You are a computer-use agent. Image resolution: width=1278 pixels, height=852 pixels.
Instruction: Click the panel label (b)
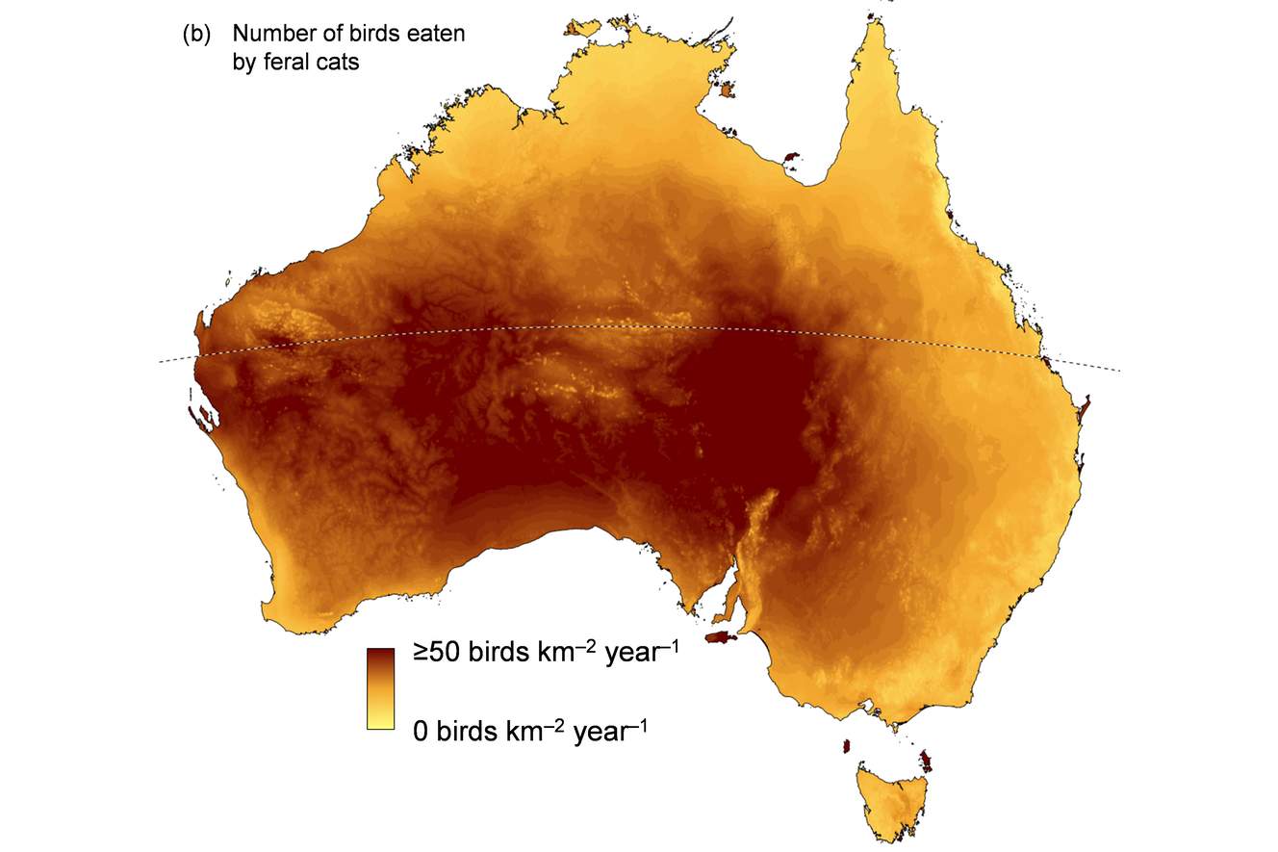pyautogui.click(x=195, y=35)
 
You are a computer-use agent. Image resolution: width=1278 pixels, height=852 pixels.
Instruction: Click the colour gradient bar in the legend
pyautogui.click(x=380, y=688)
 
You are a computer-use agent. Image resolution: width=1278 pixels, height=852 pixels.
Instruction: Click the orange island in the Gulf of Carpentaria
pyautogui.click(x=726, y=90)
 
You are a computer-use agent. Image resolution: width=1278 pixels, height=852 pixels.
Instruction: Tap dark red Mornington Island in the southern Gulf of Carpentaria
pyautogui.click(x=793, y=155)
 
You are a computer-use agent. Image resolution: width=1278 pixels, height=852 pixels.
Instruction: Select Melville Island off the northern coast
pyautogui.click(x=582, y=27)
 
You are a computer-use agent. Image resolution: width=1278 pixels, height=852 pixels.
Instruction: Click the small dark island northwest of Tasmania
pyautogui.click(x=847, y=745)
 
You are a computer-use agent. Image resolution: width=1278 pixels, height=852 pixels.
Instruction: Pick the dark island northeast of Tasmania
pyautogui.click(x=927, y=762)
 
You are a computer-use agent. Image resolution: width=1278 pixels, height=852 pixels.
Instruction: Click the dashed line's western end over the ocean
pyautogui.click(x=162, y=362)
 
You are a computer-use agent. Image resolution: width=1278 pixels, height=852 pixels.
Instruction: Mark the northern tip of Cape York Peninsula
pyautogui.click(x=879, y=24)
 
